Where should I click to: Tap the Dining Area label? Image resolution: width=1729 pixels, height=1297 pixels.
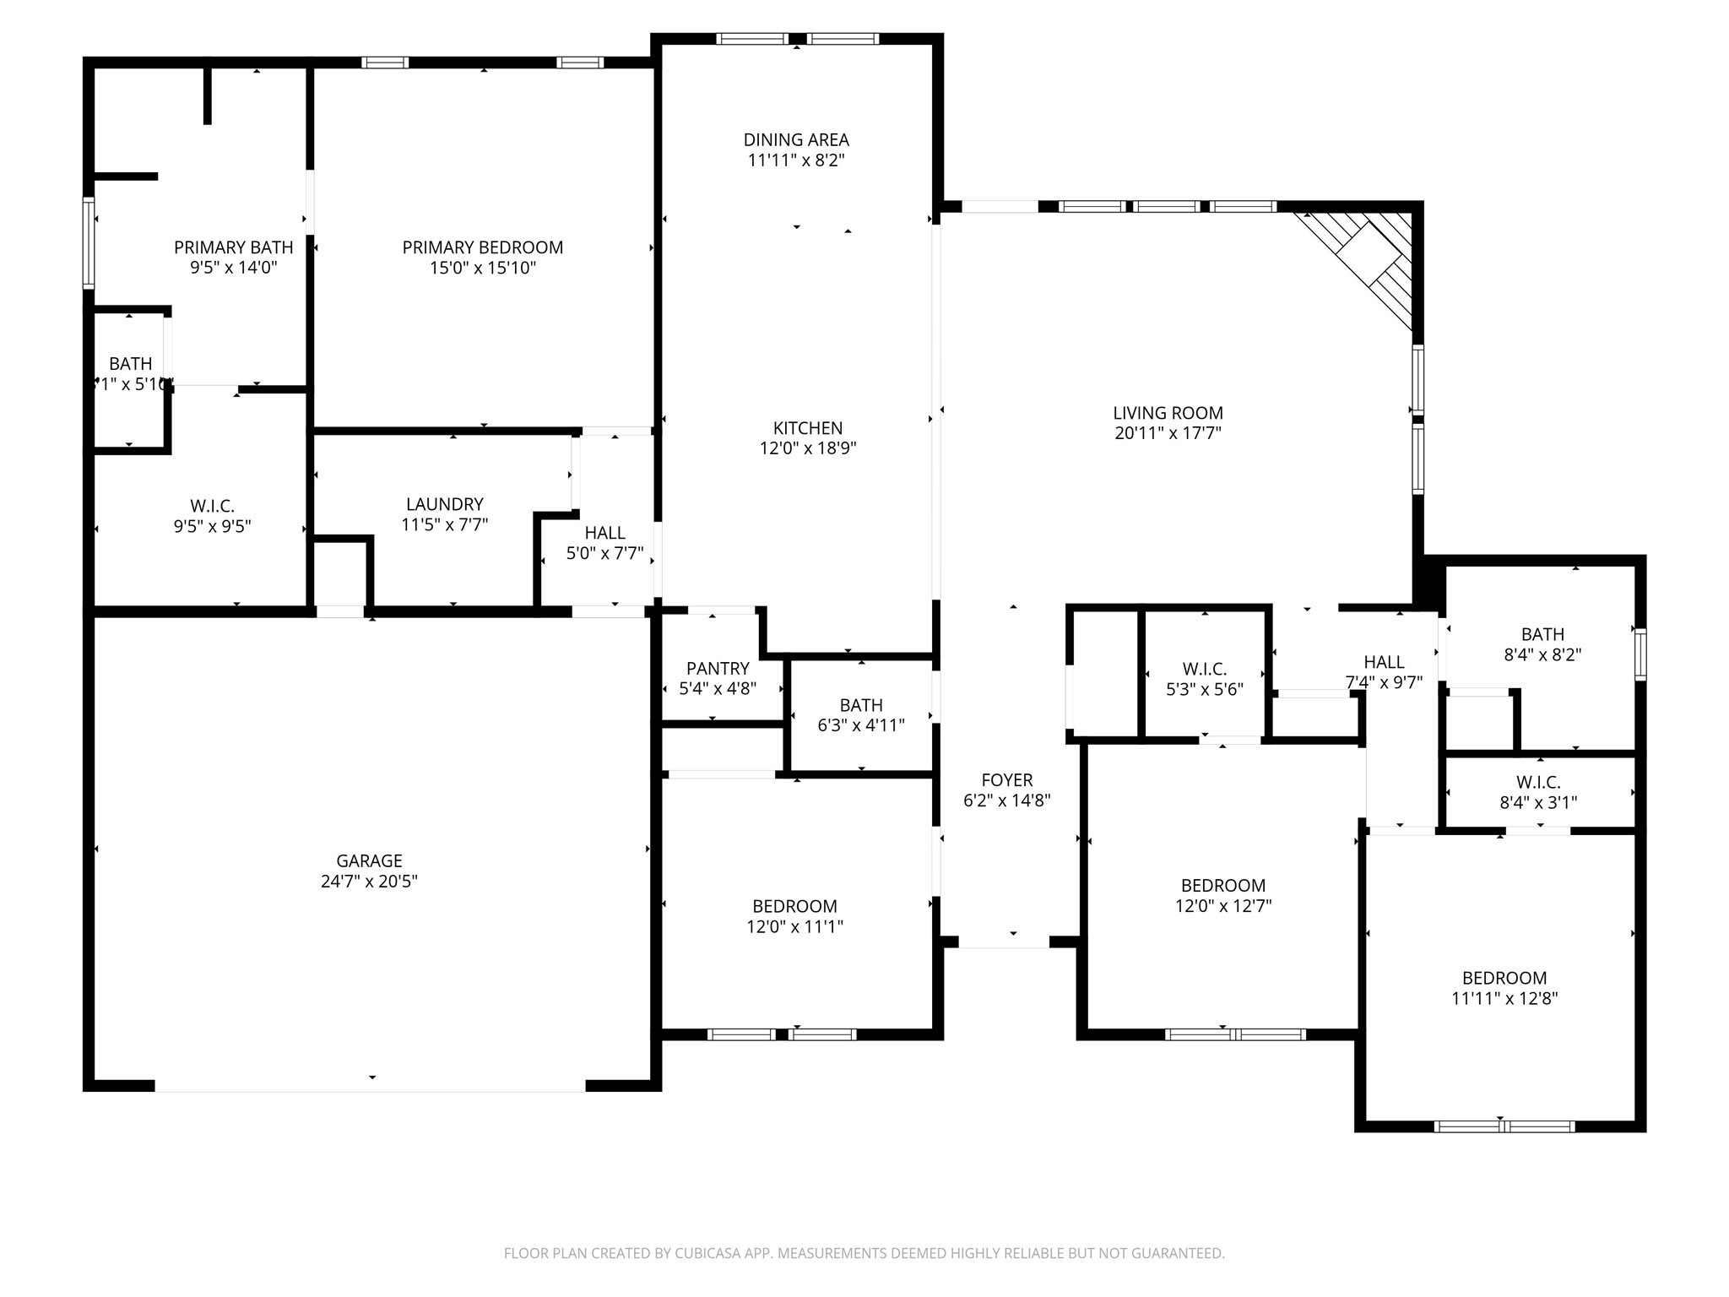pos(796,140)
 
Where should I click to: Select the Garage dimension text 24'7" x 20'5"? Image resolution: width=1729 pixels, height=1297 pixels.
pos(369,882)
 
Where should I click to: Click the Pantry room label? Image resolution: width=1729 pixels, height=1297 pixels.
pos(718,669)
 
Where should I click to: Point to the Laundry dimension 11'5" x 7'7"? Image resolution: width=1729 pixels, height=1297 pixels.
pos(444,524)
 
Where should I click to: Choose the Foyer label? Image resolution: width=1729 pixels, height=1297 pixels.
pos(1006,780)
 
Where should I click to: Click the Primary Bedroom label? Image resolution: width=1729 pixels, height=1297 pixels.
pos(482,247)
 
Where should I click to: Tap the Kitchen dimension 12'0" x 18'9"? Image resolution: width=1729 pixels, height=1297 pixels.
pos(807,448)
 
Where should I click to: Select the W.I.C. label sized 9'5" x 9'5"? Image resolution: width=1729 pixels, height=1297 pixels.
pos(212,506)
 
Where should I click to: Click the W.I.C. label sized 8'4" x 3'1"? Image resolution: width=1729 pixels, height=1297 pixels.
pos(1537,783)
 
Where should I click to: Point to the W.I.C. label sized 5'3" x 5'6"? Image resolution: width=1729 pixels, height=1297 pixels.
pos(1204,669)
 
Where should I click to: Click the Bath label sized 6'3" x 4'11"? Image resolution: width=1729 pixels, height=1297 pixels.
pos(860,705)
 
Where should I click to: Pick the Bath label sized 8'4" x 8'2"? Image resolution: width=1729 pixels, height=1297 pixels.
pos(1542,634)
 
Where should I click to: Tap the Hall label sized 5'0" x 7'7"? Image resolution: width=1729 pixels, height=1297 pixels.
pos(604,533)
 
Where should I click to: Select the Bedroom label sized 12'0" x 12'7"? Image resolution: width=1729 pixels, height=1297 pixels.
pos(1222,886)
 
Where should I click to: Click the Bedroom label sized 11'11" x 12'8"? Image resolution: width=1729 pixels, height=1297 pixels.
pos(1504,978)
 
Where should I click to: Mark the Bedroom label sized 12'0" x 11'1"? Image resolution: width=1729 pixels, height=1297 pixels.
pos(794,906)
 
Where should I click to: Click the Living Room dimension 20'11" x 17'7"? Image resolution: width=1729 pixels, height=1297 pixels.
pos(1168,433)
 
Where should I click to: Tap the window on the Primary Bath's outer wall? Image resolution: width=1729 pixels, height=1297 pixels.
pos(89,243)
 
